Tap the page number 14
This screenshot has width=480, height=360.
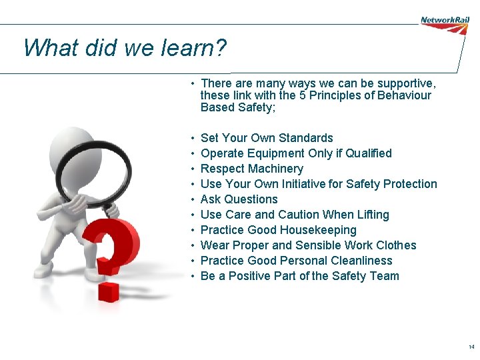(471, 347)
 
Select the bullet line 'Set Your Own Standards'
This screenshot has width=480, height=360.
(267, 138)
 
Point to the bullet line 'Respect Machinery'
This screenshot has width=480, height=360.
(251, 169)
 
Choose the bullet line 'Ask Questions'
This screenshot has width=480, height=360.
(239, 199)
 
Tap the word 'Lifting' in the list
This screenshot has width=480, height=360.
(370, 215)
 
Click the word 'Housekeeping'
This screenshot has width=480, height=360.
(318, 230)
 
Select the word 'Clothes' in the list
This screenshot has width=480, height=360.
(396, 245)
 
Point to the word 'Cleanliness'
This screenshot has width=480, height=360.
(359, 261)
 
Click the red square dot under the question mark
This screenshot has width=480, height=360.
(109, 291)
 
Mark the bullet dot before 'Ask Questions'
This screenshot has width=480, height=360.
(192, 199)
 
